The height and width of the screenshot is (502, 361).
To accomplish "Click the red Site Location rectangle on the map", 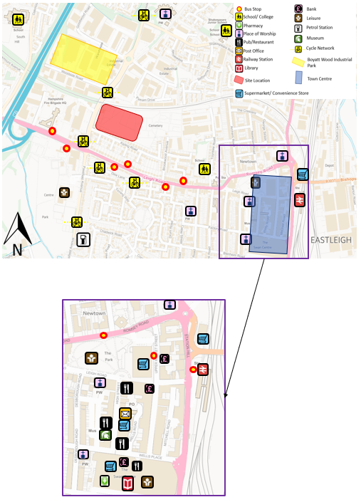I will click(x=119, y=121).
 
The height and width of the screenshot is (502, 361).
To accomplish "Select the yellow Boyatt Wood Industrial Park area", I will click(x=83, y=59).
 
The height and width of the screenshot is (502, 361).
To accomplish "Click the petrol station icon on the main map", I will click(x=84, y=240).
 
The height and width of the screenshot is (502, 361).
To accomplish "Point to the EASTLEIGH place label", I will click(x=331, y=239).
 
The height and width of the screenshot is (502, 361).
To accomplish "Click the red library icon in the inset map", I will click(x=127, y=483).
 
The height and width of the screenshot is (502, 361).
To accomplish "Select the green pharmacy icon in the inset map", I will click(x=105, y=482).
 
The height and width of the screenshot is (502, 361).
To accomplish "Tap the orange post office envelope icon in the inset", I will click(x=125, y=413).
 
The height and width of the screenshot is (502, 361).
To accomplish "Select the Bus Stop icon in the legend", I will click(x=239, y=8).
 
